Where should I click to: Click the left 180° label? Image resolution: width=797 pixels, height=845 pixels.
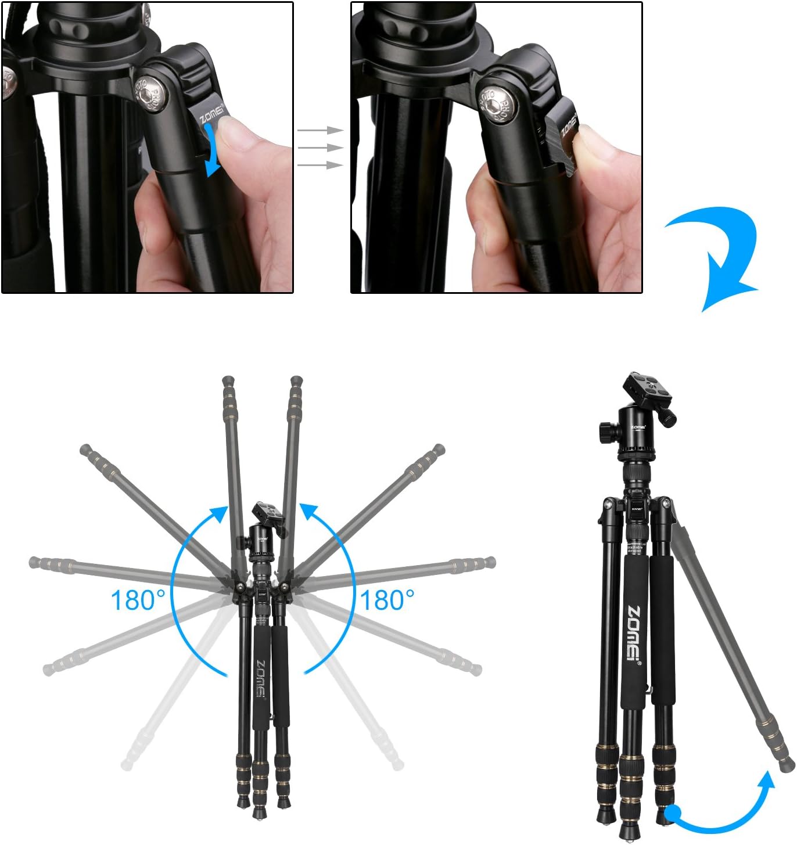138,600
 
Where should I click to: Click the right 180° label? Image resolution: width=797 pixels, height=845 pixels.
387,600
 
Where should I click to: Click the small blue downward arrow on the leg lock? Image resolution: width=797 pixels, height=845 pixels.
211,154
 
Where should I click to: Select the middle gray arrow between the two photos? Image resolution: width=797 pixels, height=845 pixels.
320,148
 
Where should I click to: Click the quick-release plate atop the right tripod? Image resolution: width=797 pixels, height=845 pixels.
647,389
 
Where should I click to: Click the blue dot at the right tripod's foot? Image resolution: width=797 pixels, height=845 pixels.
673,813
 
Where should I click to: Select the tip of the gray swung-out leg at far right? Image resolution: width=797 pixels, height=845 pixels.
788,764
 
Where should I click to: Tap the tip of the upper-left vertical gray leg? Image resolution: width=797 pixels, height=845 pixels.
229,382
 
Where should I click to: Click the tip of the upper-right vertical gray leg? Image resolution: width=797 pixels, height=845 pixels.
296,382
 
